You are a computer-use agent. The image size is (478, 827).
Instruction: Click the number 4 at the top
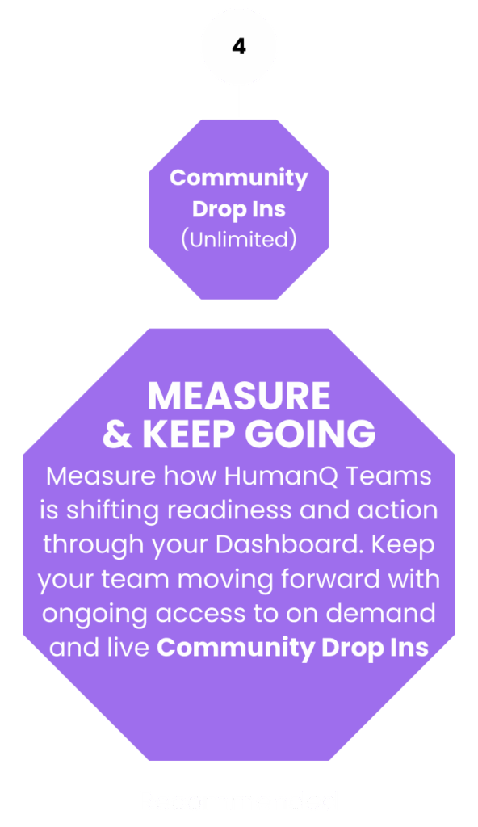click(x=239, y=46)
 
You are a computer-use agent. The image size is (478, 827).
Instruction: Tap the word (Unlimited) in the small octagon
click(x=239, y=239)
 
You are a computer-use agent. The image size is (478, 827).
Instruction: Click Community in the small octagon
click(x=239, y=178)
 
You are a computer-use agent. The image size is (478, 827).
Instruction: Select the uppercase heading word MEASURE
click(x=239, y=396)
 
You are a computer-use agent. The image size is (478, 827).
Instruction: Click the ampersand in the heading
click(x=117, y=434)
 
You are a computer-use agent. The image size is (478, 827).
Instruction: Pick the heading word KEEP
click(x=188, y=434)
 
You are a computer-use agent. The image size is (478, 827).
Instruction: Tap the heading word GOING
click(x=310, y=434)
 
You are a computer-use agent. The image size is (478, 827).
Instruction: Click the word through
click(x=94, y=546)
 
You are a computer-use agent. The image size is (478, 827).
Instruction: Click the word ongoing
click(x=95, y=615)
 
